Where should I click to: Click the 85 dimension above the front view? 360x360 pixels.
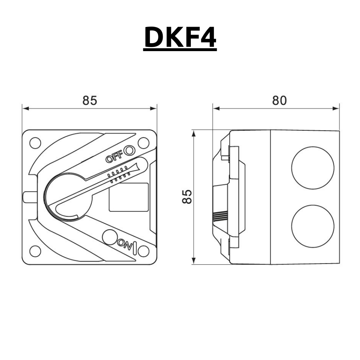tap(90, 100)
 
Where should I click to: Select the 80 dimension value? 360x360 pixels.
tap(279, 100)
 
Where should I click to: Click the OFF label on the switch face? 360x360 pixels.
tap(114, 158)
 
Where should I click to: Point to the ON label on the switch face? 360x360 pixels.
tap(125, 246)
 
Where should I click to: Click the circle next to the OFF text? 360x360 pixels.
tap(129, 150)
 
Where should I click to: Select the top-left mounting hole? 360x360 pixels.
tap(35, 143)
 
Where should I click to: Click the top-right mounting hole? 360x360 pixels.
tap(143, 143)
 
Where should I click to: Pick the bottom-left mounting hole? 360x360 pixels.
tap(35, 251)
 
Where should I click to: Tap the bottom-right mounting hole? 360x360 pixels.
tap(143, 251)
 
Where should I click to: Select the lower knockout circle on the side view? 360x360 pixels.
tap(312, 226)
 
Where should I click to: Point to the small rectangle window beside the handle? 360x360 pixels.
tap(129, 197)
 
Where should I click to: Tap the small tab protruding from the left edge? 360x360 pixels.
tap(29, 197)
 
